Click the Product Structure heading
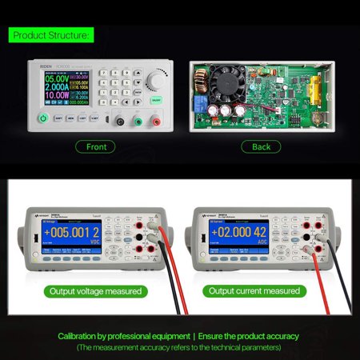[49, 34]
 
